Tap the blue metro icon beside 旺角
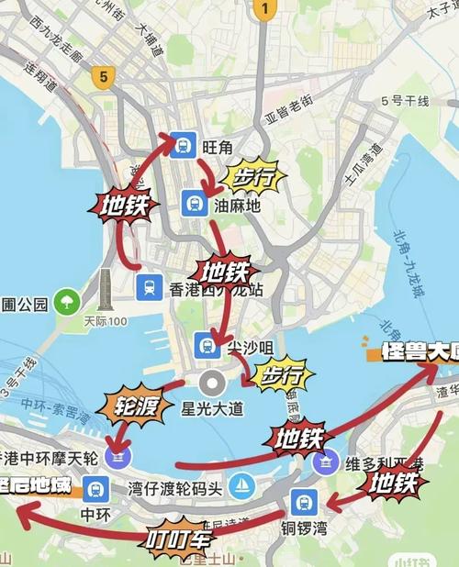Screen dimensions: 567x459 click(x=183, y=144)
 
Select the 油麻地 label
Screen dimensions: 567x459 click(x=238, y=206)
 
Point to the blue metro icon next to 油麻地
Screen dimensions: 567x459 click(x=194, y=203)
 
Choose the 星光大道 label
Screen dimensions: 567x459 click(x=213, y=407)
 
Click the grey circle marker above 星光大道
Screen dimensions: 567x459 click(x=212, y=383)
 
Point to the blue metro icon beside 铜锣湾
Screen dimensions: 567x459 click(x=303, y=502)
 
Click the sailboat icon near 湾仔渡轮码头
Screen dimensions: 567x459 click(x=241, y=484)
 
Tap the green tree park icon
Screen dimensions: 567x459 click(x=66, y=300)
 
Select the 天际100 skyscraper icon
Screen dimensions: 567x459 click(x=105, y=292)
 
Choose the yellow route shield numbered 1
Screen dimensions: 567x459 click(x=264, y=10)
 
